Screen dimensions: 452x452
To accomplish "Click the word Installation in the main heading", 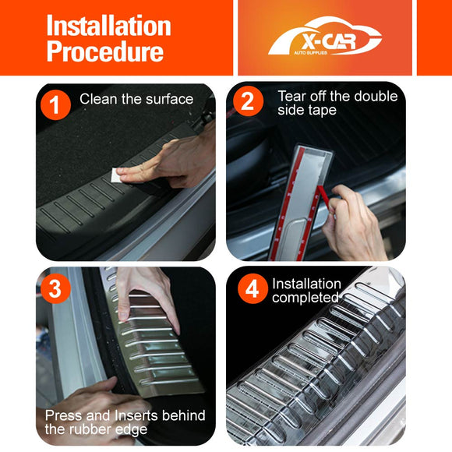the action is point(108,26).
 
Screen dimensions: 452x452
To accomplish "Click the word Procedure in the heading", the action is point(105,51).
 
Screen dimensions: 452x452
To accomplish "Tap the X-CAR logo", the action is point(325,36).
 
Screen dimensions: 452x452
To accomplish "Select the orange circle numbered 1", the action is point(55,104).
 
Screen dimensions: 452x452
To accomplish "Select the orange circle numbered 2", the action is point(248,101).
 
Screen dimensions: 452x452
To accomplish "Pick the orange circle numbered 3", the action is point(55,288).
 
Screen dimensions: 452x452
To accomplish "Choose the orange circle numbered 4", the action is point(252,288).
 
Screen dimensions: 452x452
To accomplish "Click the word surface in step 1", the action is point(170,100).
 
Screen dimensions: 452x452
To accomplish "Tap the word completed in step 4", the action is point(305,298).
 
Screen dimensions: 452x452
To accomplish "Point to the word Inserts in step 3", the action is point(136,415).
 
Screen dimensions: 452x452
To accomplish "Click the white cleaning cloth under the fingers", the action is point(116,175).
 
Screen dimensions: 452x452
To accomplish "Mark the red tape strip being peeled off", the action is point(324,197).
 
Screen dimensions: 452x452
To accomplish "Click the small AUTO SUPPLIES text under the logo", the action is point(310,53).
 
